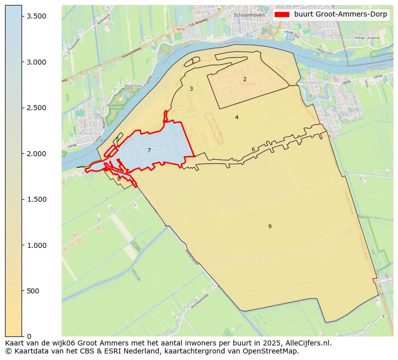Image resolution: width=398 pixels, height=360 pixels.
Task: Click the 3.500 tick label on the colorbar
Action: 37,16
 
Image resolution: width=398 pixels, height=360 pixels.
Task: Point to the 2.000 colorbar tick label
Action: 37,154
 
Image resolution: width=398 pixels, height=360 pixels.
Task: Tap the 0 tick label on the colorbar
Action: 29,336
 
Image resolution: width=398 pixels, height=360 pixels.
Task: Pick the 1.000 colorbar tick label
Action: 37,245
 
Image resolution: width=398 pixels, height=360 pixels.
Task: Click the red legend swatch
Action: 282,15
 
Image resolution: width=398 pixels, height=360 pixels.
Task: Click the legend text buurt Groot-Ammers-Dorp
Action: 340,15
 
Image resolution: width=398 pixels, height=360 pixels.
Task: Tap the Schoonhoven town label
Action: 249,15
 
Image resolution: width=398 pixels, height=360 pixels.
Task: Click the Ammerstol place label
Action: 90,134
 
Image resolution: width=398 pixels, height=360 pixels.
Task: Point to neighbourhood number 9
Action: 270,226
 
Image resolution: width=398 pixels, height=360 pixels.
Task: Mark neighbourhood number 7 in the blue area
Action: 149,150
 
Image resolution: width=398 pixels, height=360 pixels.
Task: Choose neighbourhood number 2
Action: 245,79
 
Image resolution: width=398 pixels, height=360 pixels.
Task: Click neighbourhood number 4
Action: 237,117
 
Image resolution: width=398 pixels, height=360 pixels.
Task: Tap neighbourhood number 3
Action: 191,89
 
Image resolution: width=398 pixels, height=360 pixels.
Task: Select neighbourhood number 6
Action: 253,149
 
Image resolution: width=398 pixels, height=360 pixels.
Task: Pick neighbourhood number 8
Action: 119,179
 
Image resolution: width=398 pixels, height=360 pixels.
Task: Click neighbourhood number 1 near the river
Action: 192,61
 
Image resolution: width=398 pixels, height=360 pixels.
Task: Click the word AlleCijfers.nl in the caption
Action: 306,343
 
